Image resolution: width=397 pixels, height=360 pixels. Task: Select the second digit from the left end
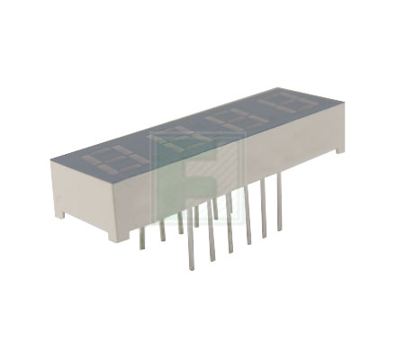(x=176, y=137)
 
